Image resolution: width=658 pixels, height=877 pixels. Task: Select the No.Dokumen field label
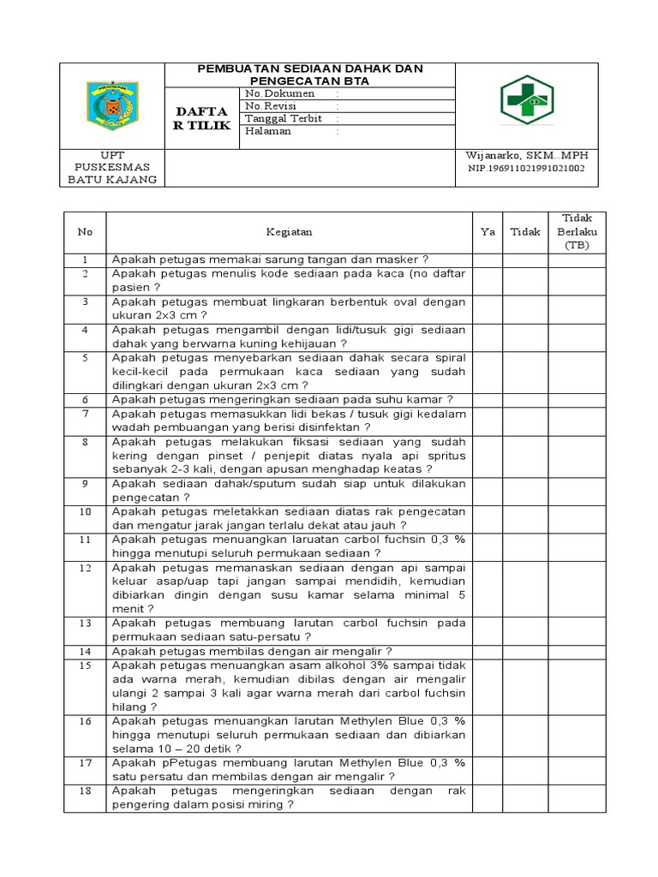pos(280,93)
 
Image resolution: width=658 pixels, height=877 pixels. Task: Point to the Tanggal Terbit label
pos(285,119)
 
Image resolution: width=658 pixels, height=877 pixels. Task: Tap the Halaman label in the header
pos(268,132)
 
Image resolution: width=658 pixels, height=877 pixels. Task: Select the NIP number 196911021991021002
pos(526,169)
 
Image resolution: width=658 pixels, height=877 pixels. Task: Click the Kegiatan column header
pos(289,231)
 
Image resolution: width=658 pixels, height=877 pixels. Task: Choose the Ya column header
pos(488,231)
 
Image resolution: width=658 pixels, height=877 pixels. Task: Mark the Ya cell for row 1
pos(488,260)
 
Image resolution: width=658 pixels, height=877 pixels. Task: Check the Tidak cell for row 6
pos(525,400)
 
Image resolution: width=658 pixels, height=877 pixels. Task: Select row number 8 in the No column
pos(85,442)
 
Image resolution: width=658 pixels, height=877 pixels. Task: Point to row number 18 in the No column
pos(85,790)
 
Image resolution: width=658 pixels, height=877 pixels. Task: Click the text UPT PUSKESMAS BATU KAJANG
pos(114,167)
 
